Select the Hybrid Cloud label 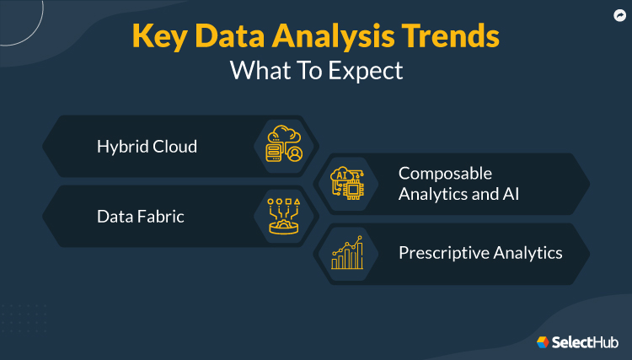(x=147, y=146)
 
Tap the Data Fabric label (x=141, y=217)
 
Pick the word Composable (x=445, y=173)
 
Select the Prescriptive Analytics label (x=480, y=252)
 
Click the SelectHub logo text (x=585, y=341)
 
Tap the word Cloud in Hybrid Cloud (x=174, y=146)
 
